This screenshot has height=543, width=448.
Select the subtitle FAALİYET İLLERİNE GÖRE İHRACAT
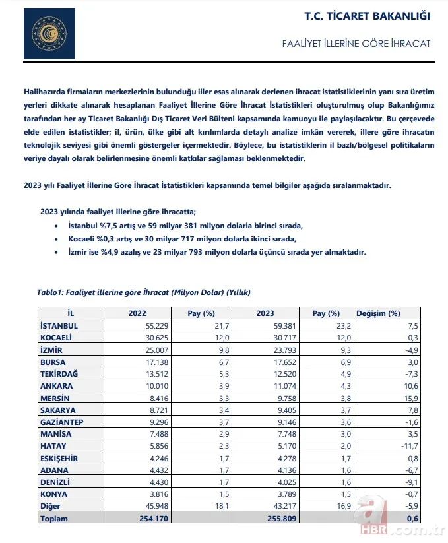pos(356,43)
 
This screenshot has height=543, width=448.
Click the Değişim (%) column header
pos(378,313)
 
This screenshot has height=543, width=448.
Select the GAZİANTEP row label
pos(63,421)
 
